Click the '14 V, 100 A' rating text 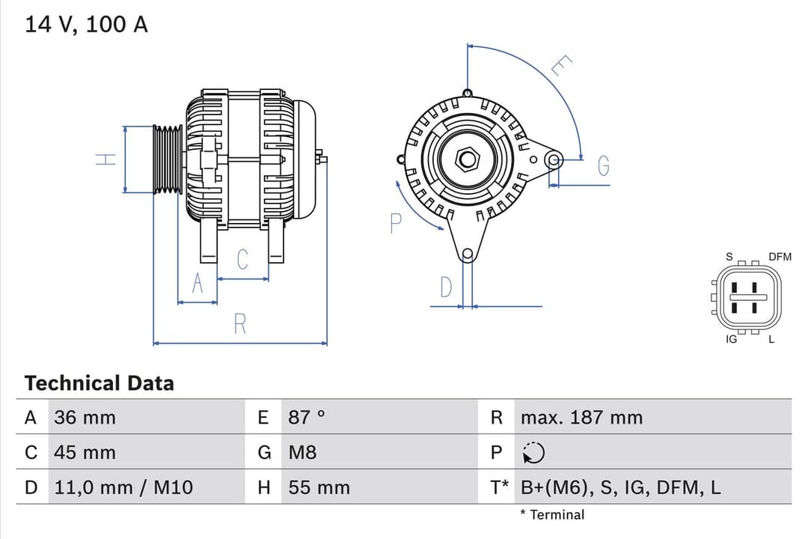coord(86,25)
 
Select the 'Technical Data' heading coord(99,383)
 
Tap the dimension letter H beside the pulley coord(106,159)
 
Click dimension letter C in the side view coord(242,260)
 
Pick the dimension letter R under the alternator coord(239,324)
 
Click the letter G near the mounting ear coord(603,167)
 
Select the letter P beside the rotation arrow coord(396,222)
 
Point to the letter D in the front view coord(446,287)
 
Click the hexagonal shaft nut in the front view coord(468,159)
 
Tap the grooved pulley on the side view coord(168,159)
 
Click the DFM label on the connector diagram coord(779,257)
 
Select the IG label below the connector coord(731,339)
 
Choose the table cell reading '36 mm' coord(85,417)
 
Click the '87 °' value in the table coord(307,417)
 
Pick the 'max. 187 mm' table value coord(581,417)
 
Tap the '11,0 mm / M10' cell coord(123,487)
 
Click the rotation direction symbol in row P coord(533,453)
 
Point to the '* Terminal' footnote coord(552,514)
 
